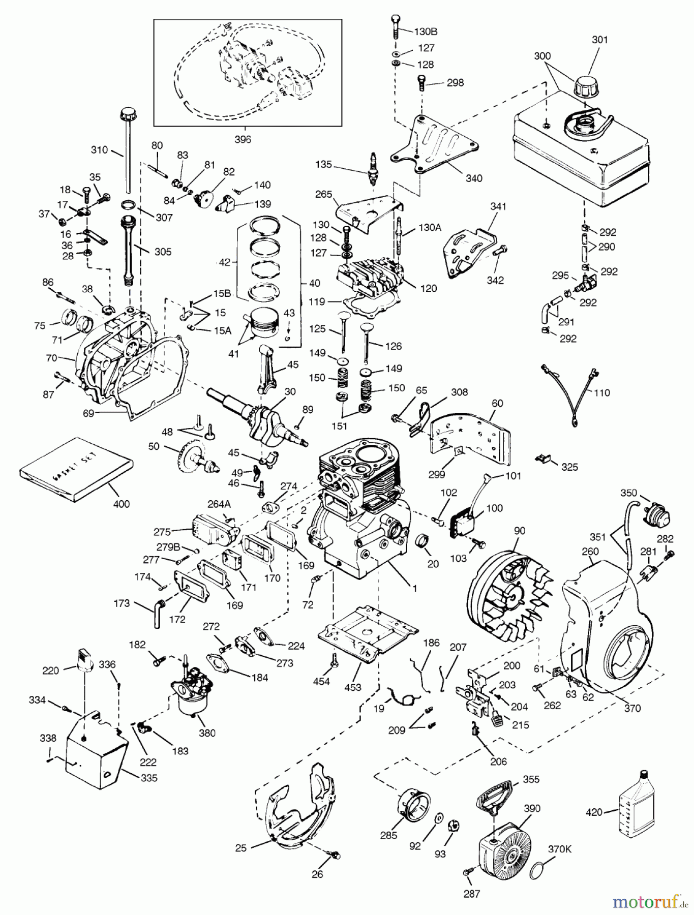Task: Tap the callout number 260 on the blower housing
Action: [x=590, y=552]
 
